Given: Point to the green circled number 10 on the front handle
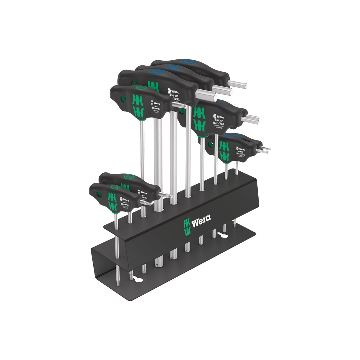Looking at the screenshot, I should tap(115, 187).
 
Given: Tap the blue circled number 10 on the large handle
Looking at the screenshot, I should tap(156, 72).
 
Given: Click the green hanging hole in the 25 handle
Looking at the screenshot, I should tap(122, 99).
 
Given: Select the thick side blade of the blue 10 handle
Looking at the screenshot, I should tap(207, 95).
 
